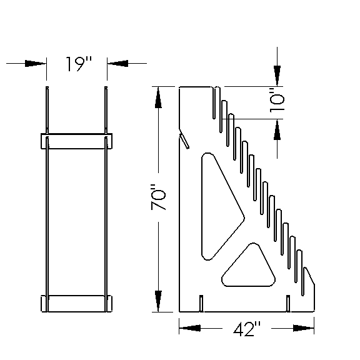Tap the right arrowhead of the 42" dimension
click(x=304, y=327)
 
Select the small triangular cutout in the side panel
click(x=250, y=267)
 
